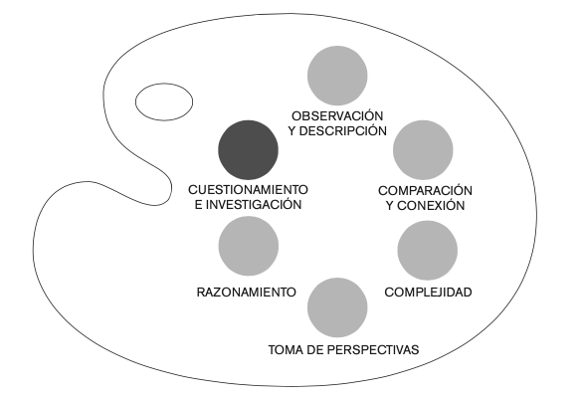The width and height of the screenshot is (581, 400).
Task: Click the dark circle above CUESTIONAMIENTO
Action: pos(249,150)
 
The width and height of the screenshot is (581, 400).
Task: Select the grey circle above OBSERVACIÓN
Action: pos(337,76)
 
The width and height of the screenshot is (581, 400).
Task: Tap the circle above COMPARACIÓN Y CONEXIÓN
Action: pos(423,150)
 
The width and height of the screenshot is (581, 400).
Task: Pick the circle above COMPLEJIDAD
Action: pos(428,251)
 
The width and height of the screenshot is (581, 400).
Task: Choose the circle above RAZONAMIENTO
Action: pos(249,246)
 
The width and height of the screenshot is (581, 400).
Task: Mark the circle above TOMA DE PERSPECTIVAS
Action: pos(337,307)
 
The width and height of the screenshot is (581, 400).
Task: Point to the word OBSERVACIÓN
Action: pos(337,116)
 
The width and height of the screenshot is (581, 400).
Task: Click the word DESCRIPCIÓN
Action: pos(343,131)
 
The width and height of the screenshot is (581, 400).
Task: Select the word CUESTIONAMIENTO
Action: pos(249,190)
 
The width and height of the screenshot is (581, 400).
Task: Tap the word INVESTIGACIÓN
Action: pos(254,205)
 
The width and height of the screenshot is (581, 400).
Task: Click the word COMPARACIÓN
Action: pos(426,190)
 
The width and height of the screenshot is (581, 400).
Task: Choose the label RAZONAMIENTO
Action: pos(247,293)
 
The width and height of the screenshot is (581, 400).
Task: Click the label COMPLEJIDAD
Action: pos(429,293)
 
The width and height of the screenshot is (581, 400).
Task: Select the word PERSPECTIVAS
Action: pos(374,349)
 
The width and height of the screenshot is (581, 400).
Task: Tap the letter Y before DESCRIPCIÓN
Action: pos(292,131)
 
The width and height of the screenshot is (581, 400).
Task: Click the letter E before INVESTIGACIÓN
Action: pos(199,205)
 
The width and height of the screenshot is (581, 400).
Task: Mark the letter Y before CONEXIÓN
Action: pos(390,205)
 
